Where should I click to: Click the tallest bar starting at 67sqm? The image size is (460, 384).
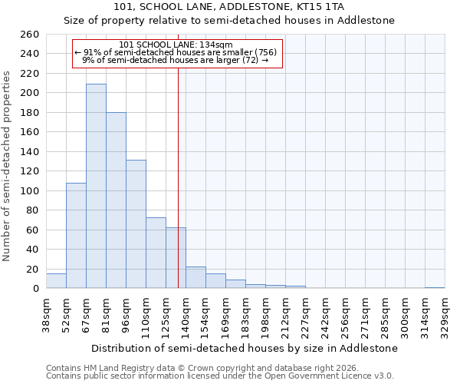[96, 186]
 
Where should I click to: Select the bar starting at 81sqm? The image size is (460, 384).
[116, 200]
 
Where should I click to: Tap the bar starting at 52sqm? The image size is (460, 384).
[76, 235]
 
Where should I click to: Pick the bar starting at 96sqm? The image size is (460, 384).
[136, 223]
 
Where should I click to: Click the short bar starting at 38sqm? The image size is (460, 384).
[56, 281]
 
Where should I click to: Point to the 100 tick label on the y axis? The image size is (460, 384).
[31, 190]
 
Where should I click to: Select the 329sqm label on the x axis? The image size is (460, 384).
[445, 317]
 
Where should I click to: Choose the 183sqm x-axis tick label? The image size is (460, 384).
[245, 317]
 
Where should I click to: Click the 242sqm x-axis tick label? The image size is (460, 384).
[325, 317]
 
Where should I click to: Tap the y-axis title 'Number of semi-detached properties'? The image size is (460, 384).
[8, 166]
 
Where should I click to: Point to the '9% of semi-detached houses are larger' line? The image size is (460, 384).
[175, 59]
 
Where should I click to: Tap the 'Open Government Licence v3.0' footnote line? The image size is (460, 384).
[219, 376]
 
